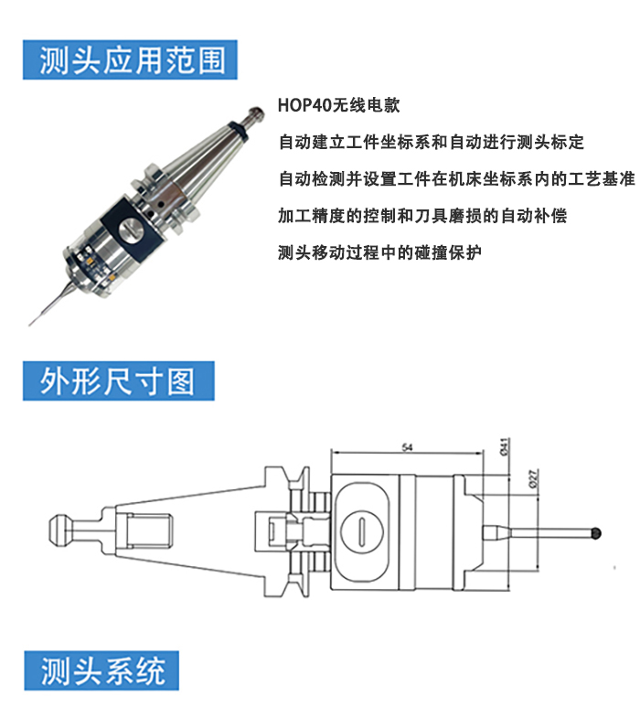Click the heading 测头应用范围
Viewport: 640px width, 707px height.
pyautogui.click(x=132, y=60)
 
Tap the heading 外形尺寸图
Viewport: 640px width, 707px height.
pyautogui.click(x=118, y=381)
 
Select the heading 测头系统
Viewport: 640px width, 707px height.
pyautogui.click(x=103, y=671)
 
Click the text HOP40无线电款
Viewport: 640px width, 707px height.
pyautogui.click(x=338, y=105)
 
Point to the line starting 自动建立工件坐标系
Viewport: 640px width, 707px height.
pyautogui.click(x=431, y=142)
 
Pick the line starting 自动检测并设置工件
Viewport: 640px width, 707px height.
pyautogui.click(x=456, y=179)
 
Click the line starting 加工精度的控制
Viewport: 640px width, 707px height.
pyautogui.click(x=422, y=216)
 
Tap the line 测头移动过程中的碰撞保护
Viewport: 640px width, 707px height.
pyautogui.click(x=379, y=252)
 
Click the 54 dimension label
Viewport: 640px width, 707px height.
pyautogui.click(x=407, y=447)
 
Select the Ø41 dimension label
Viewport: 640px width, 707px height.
pyautogui.click(x=505, y=446)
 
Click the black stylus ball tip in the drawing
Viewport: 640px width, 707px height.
pyautogui.click(x=596, y=533)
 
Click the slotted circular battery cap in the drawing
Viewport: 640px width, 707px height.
pyautogui.click(x=362, y=532)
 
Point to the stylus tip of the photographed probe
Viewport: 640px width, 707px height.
pyautogui.click(x=30, y=323)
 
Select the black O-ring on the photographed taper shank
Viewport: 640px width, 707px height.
pyautogui.click(x=238, y=129)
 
